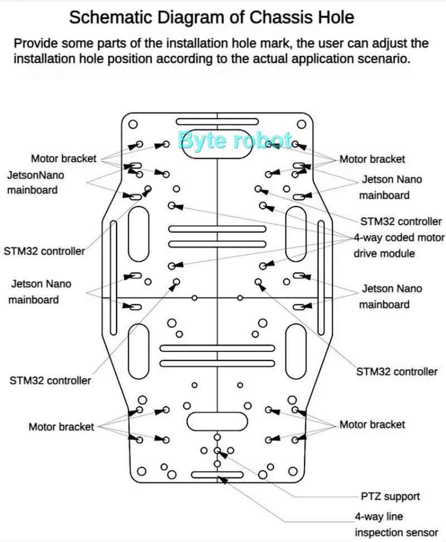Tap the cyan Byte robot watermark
click(x=234, y=140)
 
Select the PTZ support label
click(x=390, y=496)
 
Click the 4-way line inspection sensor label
click(x=396, y=524)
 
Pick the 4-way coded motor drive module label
click(x=399, y=246)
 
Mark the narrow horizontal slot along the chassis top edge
click(x=217, y=121)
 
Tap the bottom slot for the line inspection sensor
click(x=217, y=475)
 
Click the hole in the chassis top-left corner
click(x=133, y=124)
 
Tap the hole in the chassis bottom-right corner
click(x=294, y=471)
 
